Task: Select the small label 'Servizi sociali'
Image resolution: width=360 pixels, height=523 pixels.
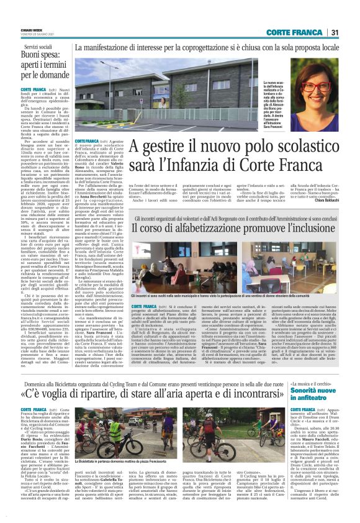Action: (x=38, y=47)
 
